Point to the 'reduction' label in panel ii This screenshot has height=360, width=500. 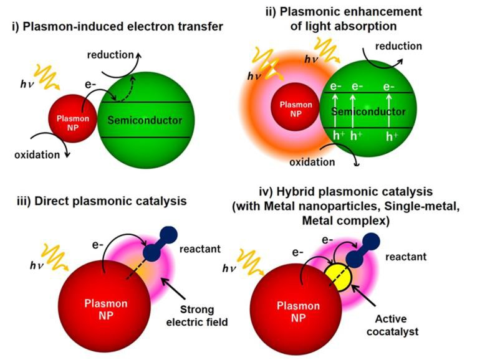pyautogui.click(x=399, y=46)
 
